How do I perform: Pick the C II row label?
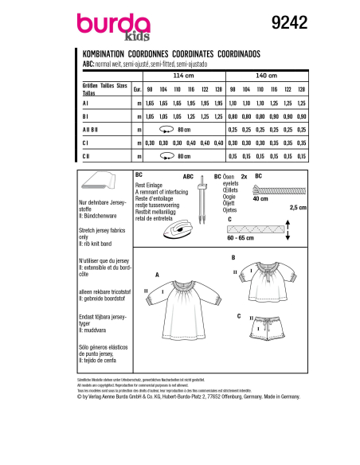(86, 156)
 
